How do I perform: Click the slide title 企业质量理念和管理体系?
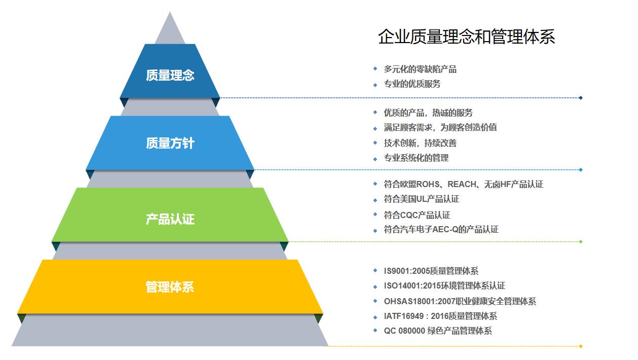coord(466,37)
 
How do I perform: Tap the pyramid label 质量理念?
coord(170,75)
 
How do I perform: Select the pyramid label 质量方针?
coord(170,143)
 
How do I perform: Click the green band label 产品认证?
coord(170,219)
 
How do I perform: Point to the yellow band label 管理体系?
coord(170,287)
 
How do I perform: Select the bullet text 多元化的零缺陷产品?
coord(420,69)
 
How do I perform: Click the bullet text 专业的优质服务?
coord(412,84)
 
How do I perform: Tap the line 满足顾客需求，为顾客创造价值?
coord(440,127)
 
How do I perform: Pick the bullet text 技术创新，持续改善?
coord(420,143)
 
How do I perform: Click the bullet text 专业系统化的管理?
coord(416,158)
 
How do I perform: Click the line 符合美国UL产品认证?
coord(422,199)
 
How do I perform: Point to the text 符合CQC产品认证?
coord(417,215)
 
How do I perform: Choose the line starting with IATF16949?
coord(440,316)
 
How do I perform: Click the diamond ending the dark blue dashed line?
coord(581,98)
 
